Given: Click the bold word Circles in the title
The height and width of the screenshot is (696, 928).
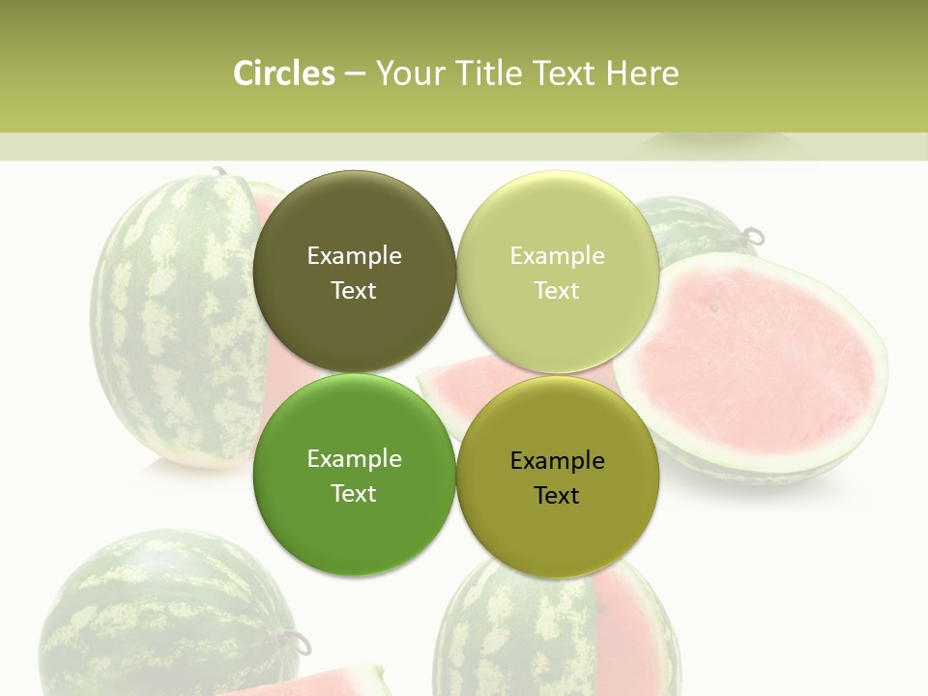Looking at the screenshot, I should click(x=284, y=73).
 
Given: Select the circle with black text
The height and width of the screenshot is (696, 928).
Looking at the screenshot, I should click(x=557, y=522).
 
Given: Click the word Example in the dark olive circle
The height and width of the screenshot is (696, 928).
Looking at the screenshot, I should click(x=354, y=255).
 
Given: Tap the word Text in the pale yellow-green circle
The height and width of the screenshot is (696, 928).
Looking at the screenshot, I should click(x=557, y=290).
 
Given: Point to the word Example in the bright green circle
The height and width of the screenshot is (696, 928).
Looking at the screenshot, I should click(x=354, y=458).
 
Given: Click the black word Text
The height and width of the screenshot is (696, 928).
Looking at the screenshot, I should click(x=557, y=495).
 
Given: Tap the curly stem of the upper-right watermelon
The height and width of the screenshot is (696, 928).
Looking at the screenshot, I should click(x=752, y=235).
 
